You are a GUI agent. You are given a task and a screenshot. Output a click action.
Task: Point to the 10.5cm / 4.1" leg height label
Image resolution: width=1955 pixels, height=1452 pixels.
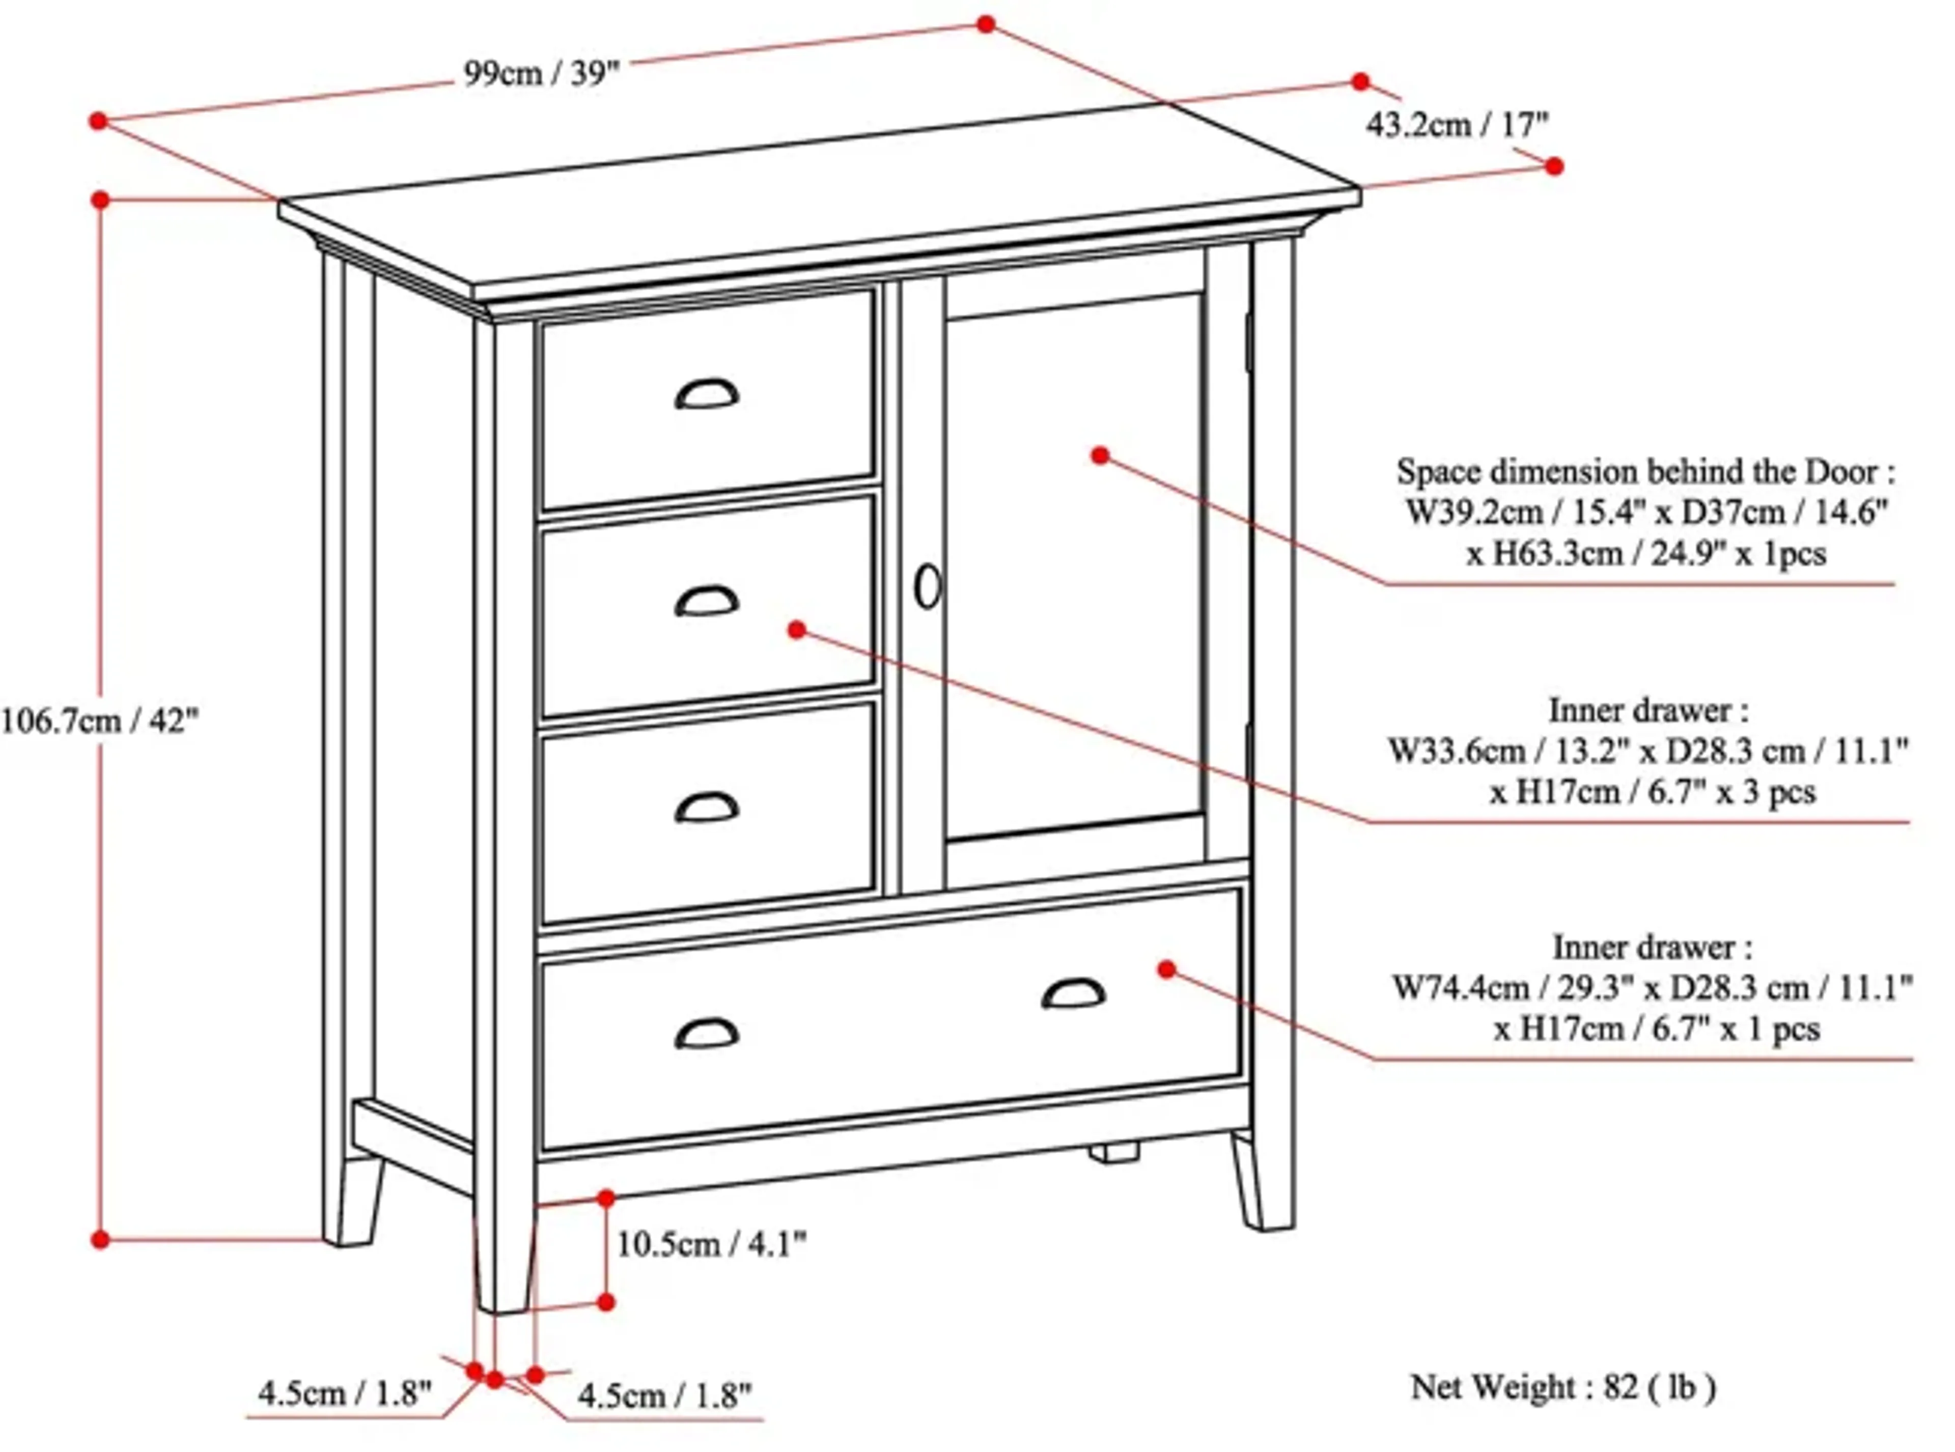click(710, 1244)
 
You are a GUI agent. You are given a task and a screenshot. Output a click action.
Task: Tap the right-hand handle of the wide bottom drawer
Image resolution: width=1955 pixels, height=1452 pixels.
click(1073, 993)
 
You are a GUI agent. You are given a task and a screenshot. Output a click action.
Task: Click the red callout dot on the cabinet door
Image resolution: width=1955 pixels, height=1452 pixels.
click(1100, 455)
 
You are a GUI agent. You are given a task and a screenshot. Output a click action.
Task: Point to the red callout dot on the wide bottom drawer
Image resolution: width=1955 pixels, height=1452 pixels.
click(1166, 969)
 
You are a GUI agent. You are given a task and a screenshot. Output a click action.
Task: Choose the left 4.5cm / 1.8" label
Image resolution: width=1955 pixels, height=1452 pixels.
click(345, 1393)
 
